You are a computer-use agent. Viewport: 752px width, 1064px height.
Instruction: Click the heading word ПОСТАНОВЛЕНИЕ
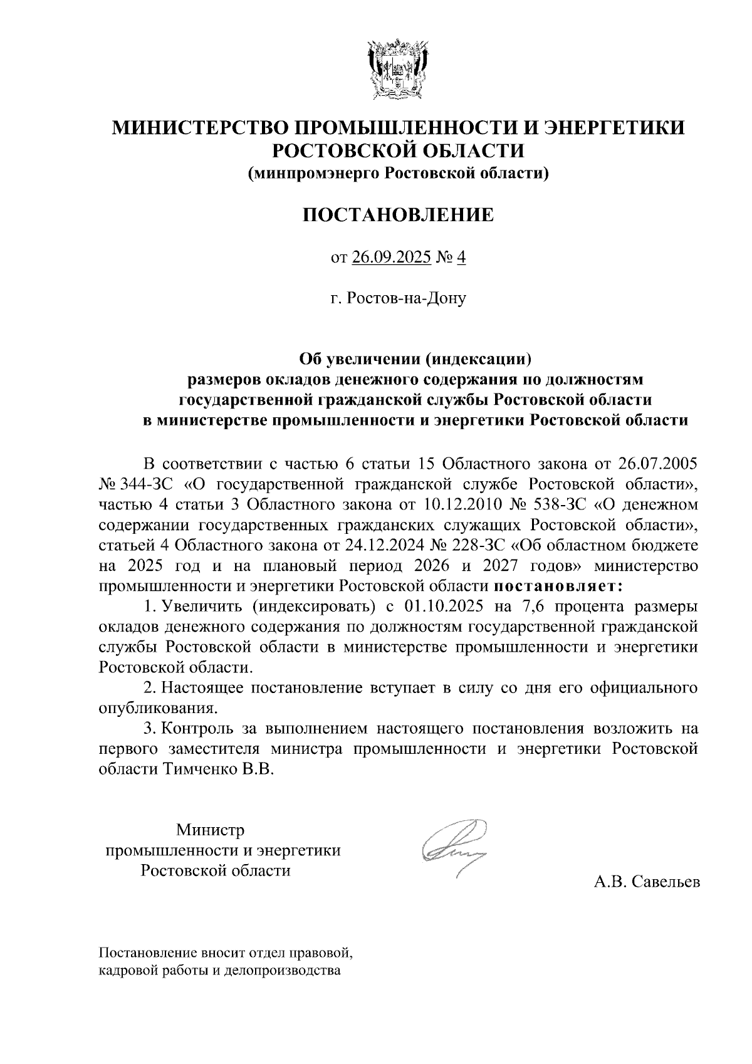[x=398, y=215]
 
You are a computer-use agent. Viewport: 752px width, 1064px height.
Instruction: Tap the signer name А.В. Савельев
[x=647, y=882]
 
